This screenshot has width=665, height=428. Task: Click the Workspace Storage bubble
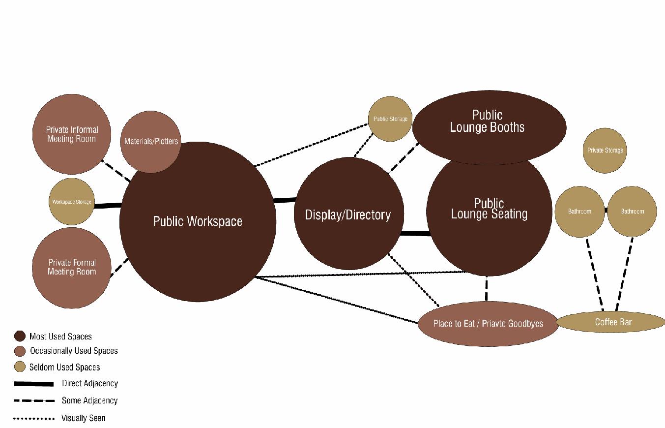click(71, 202)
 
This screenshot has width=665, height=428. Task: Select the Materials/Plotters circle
click(150, 141)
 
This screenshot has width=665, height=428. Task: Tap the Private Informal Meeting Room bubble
click(72, 134)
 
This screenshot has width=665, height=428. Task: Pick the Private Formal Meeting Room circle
click(72, 267)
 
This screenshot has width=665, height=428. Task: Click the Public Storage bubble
click(390, 119)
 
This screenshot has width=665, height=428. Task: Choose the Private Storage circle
click(605, 150)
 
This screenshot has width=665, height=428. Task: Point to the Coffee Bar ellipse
click(612, 322)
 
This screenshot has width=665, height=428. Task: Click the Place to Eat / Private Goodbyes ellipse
click(488, 324)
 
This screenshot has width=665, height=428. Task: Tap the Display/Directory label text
click(348, 215)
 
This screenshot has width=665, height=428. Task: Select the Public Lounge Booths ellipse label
click(487, 121)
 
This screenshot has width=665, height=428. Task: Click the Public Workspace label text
click(198, 221)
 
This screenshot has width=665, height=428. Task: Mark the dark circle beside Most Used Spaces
click(20, 336)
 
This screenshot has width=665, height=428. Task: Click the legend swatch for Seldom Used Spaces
click(20, 367)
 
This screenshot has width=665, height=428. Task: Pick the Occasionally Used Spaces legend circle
click(20, 351)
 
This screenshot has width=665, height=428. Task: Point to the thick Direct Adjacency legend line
click(34, 384)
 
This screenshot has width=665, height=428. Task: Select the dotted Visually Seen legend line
click(34, 419)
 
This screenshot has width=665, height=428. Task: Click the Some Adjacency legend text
click(89, 400)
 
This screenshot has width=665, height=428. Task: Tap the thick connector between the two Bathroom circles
click(606, 211)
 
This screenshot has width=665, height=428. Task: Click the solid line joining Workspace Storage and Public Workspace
click(107, 206)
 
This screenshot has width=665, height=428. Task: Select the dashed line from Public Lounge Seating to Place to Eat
click(487, 288)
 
